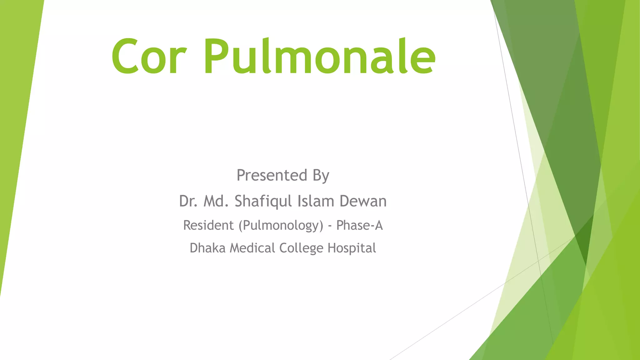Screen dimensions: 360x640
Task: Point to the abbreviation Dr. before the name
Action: pos(188,201)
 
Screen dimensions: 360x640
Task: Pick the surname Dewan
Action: pos(363,201)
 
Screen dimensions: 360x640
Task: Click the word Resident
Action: pos(208,225)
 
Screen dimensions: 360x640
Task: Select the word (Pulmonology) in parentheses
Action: pos(281,226)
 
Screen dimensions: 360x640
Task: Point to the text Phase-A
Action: pos(359,225)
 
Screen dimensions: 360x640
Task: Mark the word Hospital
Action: pos(352,248)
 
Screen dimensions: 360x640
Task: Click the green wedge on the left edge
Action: pos(16,125)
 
